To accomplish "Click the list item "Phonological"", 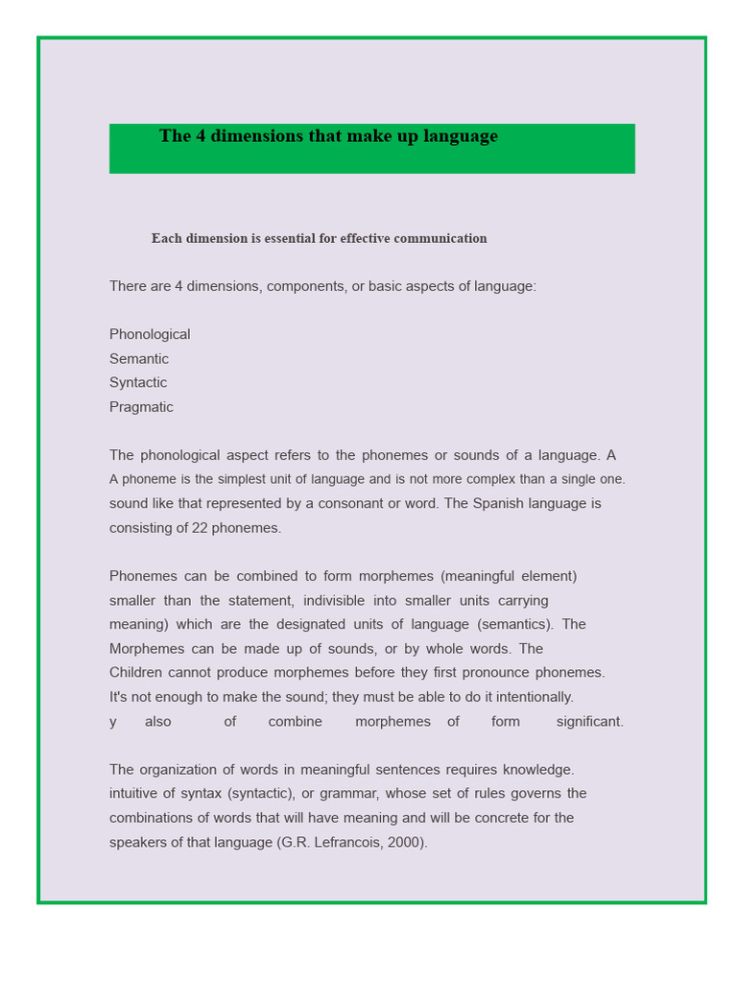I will tap(150, 335).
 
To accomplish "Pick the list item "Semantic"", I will tap(139, 359).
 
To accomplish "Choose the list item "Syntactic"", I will tap(138, 383).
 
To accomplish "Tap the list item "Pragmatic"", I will tap(141, 407).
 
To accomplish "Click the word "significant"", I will tap(589, 722).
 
